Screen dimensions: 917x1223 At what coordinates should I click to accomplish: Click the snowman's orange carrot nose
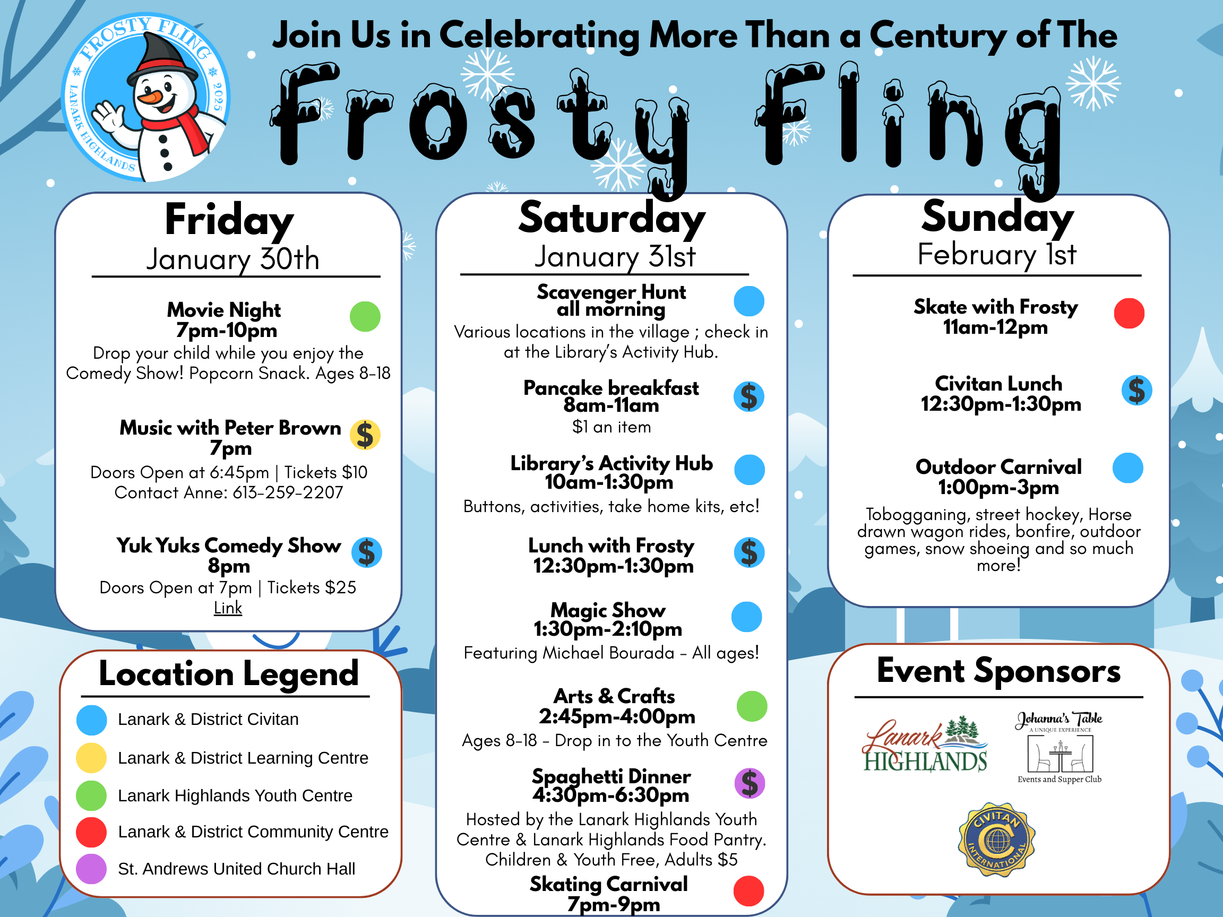click(x=150, y=97)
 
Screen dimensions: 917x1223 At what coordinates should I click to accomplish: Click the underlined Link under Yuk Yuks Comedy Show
click(x=228, y=608)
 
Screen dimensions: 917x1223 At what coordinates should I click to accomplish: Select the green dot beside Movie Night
click(x=365, y=317)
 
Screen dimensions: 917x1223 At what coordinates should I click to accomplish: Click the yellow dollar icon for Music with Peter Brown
click(x=365, y=435)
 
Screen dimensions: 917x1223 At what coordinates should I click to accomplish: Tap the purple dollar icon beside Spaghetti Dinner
click(x=749, y=783)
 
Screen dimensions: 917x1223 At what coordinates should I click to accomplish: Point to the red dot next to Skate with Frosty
click(x=1129, y=314)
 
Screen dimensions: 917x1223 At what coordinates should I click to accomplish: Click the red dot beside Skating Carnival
click(x=748, y=891)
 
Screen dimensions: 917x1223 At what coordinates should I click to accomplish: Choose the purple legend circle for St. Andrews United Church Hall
click(x=91, y=869)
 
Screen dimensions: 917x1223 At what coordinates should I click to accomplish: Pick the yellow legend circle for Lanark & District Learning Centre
click(x=91, y=758)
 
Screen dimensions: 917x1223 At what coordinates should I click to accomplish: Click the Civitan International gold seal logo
click(x=997, y=840)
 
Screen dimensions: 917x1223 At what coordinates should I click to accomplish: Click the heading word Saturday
click(x=611, y=219)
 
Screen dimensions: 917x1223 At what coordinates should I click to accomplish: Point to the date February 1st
click(x=997, y=255)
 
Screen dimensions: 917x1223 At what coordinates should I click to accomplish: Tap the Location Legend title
click(x=228, y=674)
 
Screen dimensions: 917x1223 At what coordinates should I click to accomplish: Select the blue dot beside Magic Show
click(x=746, y=617)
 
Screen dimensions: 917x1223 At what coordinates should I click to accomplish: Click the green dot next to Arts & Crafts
click(x=752, y=706)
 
